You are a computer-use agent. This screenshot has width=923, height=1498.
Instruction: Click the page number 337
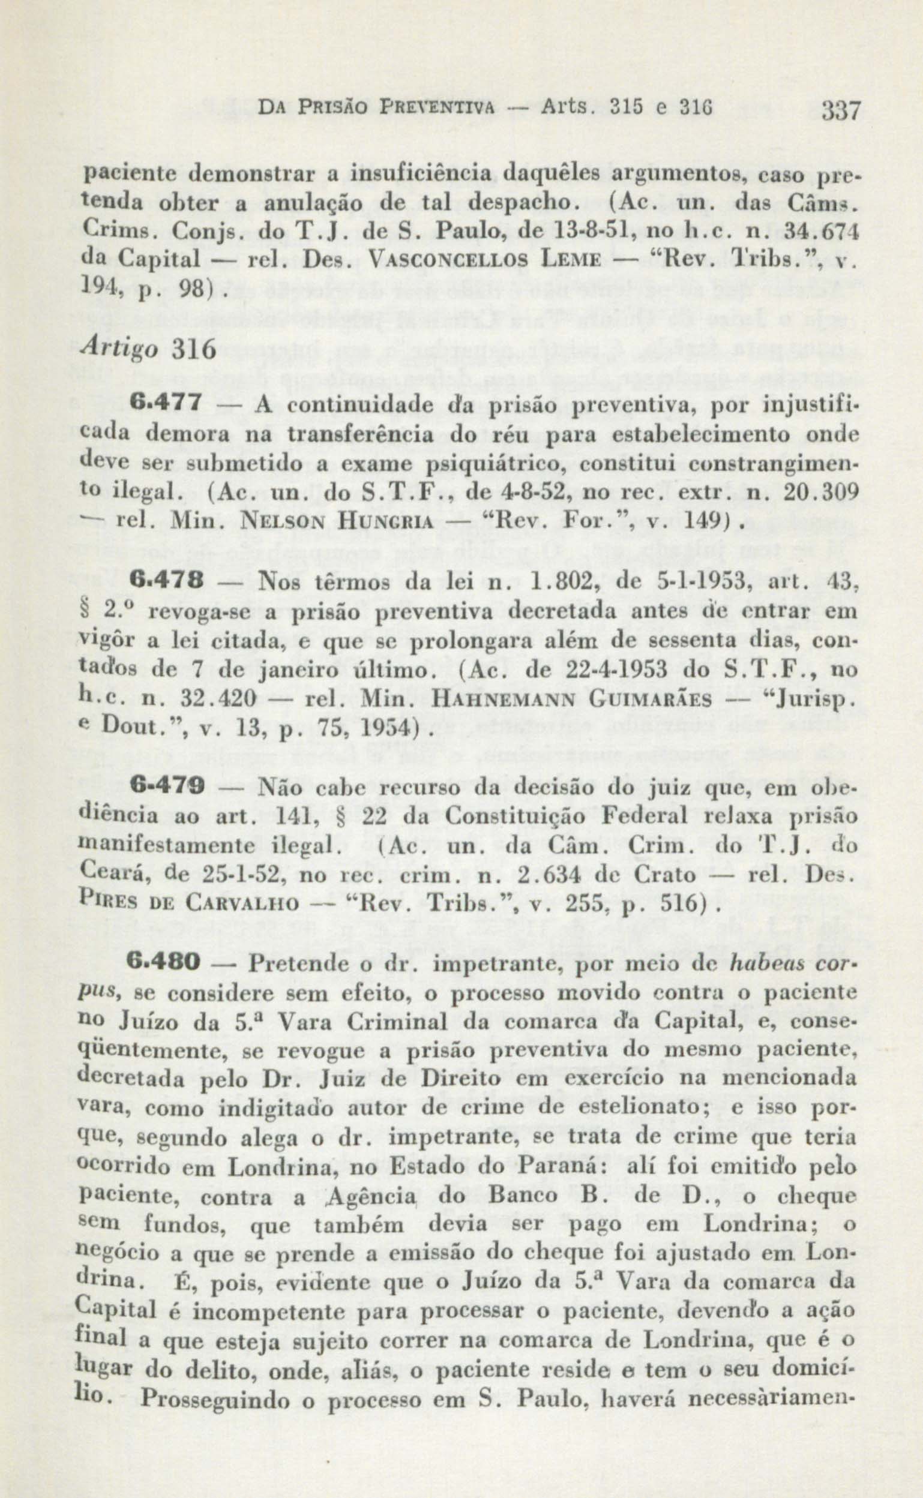click(841, 112)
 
